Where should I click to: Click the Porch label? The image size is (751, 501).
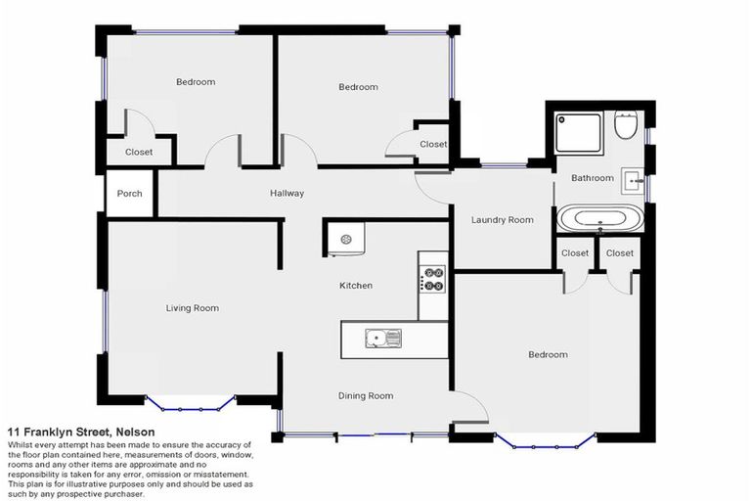(x=129, y=194)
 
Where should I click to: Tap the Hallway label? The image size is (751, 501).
(x=287, y=194)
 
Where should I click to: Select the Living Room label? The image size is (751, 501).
(x=192, y=308)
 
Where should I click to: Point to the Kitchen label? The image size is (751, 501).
(x=356, y=286)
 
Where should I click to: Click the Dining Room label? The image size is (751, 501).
(x=366, y=395)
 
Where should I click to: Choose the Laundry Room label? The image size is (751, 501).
(x=503, y=220)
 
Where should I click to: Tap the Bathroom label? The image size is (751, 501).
(x=593, y=178)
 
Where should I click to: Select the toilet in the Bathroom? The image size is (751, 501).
(x=626, y=125)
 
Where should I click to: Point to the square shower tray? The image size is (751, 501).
(x=579, y=134)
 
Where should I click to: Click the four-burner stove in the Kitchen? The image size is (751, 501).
(x=432, y=279)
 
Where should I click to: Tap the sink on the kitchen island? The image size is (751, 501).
(x=383, y=339)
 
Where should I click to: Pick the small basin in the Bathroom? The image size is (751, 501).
(x=633, y=179)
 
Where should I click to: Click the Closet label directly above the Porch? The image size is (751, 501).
(x=139, y=152)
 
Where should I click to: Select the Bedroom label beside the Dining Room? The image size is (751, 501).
(x=548, y=354)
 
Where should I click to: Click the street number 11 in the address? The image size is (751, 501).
(x=15, y=432)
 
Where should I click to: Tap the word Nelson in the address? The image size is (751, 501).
(x=135, y=432)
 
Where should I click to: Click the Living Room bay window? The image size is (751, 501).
(x=191, y=403)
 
